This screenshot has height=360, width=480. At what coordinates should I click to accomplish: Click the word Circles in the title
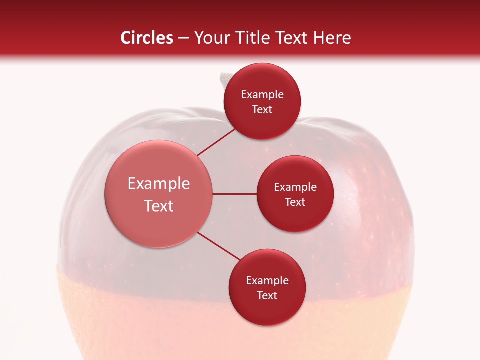(146, 38)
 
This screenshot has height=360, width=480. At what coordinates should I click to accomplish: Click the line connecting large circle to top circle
(216, 141)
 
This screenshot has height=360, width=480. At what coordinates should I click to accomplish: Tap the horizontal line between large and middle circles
(235, 194)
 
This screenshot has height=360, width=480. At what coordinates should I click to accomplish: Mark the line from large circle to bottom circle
(218, 246)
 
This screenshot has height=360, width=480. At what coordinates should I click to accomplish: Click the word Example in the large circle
(159, 184)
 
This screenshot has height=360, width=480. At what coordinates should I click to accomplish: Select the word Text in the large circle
(159, 206)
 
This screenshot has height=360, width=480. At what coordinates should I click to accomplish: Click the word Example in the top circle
(262, 95)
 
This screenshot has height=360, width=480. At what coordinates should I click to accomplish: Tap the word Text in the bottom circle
(267, 295)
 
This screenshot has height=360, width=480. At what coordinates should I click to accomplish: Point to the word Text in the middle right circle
(295, 202)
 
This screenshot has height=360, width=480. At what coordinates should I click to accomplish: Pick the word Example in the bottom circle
(267, 281)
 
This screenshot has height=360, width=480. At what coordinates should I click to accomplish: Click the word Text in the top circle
(262, 109)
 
